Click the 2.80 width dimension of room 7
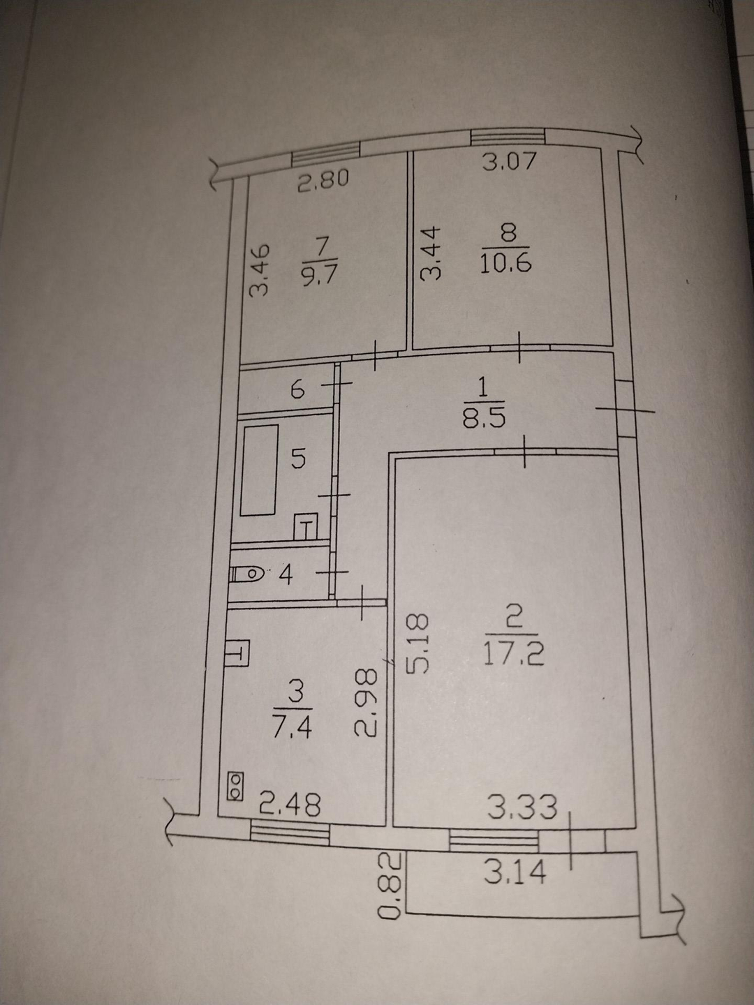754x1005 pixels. click(323, 182)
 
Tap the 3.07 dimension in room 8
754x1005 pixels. click(510, 162)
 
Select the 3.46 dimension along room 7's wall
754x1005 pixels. click(259, 270)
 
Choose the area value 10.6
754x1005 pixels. click(506, 264)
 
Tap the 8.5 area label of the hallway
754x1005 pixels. click(482, 417)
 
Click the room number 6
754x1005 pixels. click(297, 389)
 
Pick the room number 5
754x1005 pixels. click(298, 459)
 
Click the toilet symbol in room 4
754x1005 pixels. click(247, 575)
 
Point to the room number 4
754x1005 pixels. click(286, 575)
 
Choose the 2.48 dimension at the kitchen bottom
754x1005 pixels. click(290, 805)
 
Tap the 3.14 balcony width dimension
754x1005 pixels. click(515, 872)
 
